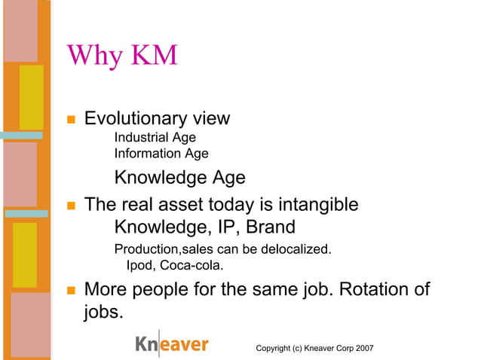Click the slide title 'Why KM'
(121, 55)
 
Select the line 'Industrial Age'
(155, 138)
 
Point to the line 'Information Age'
(161, 154)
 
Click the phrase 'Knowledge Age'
(179, 178)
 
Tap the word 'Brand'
(268, 227)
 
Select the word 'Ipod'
(139, 265)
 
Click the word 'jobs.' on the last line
(103, 312)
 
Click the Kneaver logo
(172, 344)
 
